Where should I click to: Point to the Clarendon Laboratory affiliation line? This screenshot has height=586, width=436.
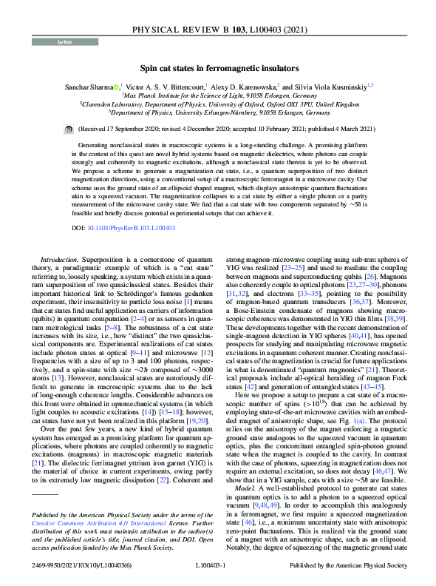(217, 105)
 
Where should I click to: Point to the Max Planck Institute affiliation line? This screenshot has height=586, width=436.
(217, 95)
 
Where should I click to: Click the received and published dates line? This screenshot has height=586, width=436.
(217, 127)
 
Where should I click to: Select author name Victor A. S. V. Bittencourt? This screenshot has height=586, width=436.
(168, 87)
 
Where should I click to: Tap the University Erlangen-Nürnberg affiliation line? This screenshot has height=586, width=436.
(217, 114)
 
